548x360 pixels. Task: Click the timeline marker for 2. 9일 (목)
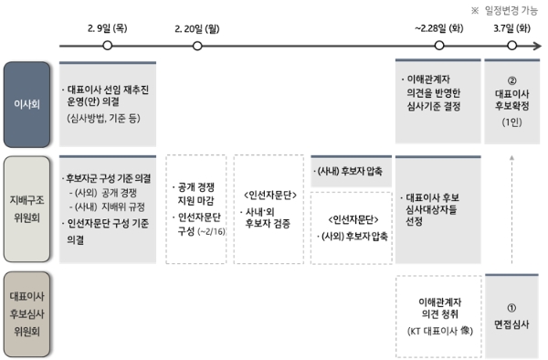pyautogui.click(x=108, y=45)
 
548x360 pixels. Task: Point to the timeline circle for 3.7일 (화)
pyautogui.click(x=510, y=45)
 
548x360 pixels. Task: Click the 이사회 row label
pyautogui.click(x=26, y=101)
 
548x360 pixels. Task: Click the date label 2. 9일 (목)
pyautogui.click(x=107, y=28)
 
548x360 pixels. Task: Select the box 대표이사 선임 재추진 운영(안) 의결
pyautogui.click(x=107, y=102)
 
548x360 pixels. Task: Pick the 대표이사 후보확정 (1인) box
pyautogui.click(x=511, y=102)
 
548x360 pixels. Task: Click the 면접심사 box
pyautogui.click(x=511, y=316)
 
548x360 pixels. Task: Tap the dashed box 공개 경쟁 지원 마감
pyautogui.click(x=195, y=209)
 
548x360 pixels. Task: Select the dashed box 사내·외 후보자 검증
pyautogui.click(x=268, y=209)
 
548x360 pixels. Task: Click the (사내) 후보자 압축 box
pyautogui.click(x=349, y=171)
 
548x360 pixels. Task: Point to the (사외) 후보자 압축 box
pyautogui.click(x=349, y=228)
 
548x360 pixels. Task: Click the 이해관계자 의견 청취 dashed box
pyautogui.click(x=437, y=316)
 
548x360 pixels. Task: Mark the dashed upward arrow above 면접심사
pyautogui.click(x=511, y=210)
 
